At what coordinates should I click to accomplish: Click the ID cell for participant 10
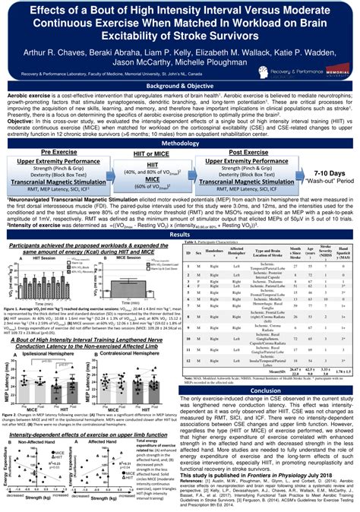click(185, 358)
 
